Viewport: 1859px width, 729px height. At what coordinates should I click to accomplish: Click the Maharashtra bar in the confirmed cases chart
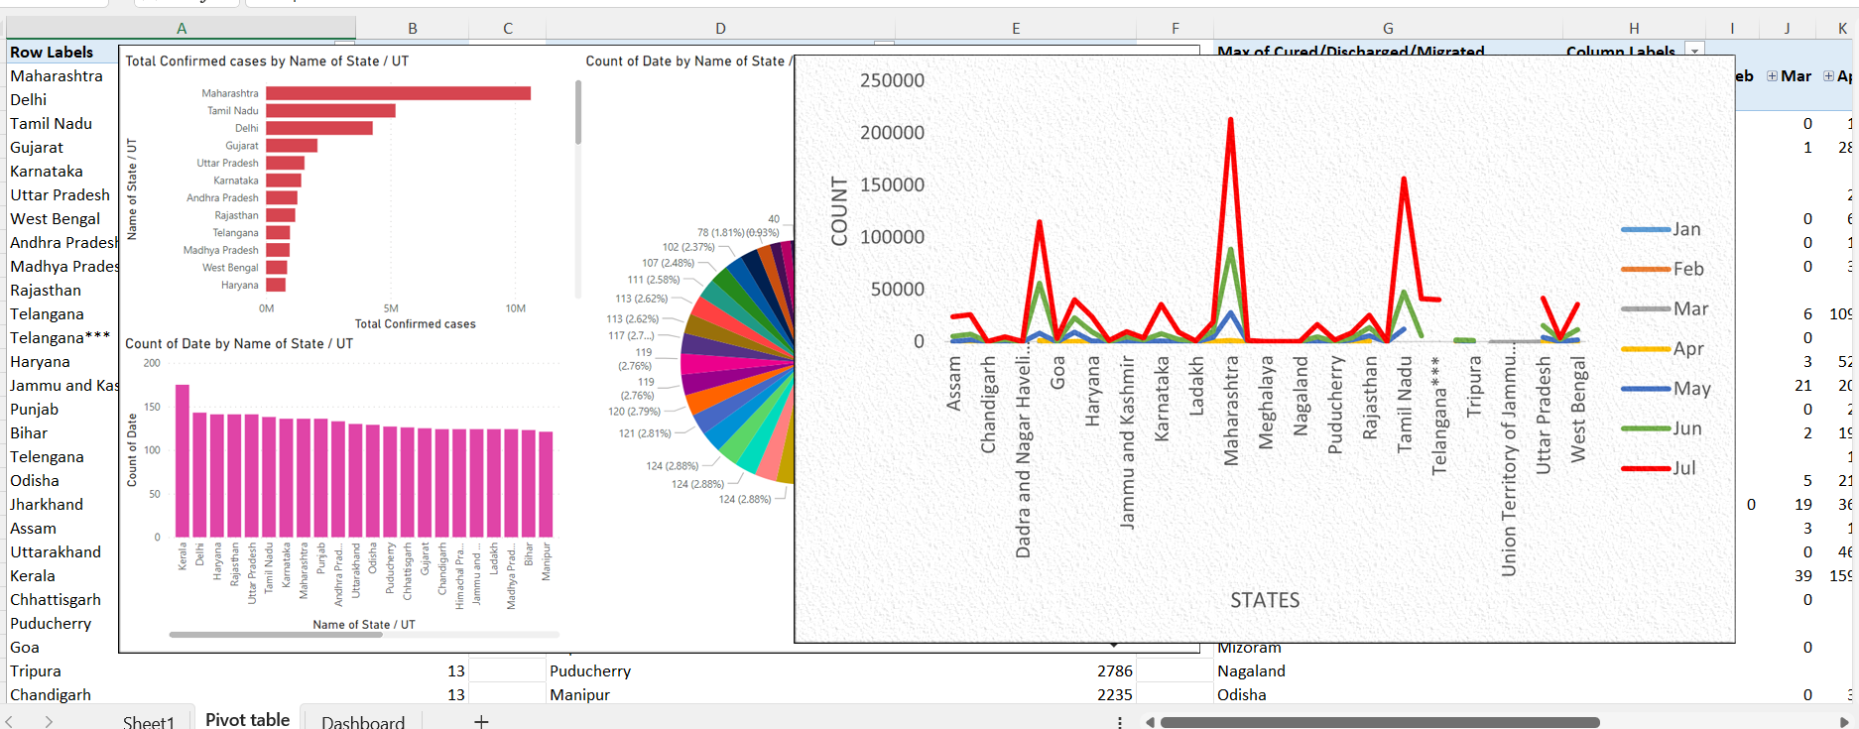coord(397,93)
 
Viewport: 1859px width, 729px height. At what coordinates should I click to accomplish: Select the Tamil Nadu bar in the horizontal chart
coord(330,111)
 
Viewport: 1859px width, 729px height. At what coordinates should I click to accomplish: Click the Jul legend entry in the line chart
coord(1683,468)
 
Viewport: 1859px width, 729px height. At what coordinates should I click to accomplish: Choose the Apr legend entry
coord(1687,349)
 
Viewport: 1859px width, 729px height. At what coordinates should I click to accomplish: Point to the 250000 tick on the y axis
coord(892,81)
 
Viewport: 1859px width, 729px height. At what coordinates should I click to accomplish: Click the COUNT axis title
coord(840,211)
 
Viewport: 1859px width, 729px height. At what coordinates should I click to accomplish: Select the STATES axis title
coord(1264,600)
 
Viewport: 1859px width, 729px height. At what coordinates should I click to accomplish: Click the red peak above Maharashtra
coord(1230,121)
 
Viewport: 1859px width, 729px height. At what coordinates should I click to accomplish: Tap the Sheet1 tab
coord(148,721)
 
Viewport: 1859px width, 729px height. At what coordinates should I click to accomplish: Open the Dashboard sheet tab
coord(362,721)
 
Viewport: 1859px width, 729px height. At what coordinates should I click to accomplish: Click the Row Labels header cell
coord(52,52)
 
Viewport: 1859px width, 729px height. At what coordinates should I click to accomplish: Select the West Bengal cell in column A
coord(55,218)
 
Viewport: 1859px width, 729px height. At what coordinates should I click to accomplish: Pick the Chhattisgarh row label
coord(56,599)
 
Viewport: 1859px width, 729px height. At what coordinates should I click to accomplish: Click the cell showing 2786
coord(1114,670)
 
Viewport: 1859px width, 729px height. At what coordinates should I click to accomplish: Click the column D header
coord(720,28)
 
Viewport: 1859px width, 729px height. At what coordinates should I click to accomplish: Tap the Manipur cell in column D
coord(580,694)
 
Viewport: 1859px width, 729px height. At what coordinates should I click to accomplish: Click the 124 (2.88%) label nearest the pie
coord(744,499)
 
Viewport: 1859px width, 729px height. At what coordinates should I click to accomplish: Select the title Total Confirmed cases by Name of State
coord(267,61)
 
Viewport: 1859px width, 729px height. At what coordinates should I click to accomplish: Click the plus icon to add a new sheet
coord(481,721)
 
